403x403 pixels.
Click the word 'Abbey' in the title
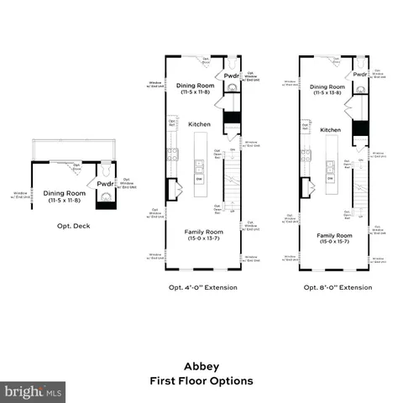click(201, 366)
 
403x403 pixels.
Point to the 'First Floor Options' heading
click(201, 380)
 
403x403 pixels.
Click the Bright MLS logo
click(34, 391)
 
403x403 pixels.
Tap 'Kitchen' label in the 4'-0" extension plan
click(200, 124)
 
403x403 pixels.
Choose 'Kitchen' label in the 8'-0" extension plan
click(331, 130)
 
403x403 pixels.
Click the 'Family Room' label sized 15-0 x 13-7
click(202, 234)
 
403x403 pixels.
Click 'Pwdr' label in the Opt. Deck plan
click(105, 184)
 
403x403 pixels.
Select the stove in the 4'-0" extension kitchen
click(172, 153)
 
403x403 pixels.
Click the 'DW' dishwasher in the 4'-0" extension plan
click(200, 179)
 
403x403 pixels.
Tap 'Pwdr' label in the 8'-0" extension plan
click(359, 74)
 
